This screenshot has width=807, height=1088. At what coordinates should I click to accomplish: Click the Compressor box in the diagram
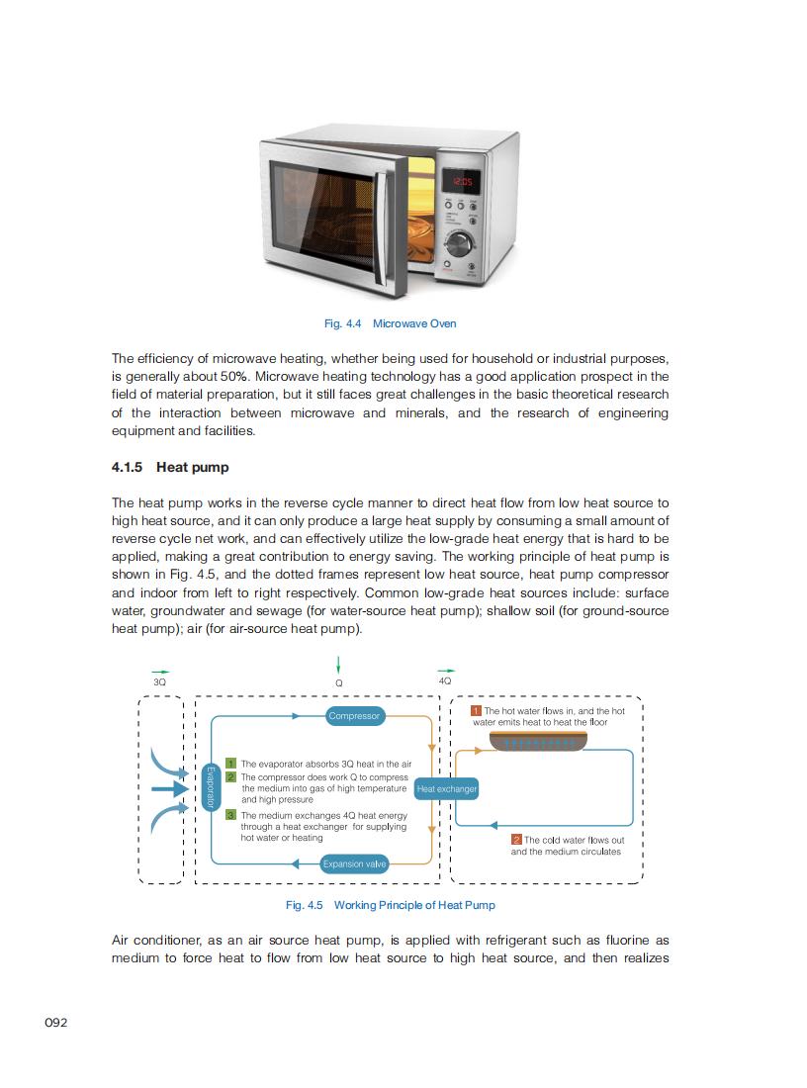click(354, 716)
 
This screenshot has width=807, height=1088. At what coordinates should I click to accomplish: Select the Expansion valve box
click(354, 864)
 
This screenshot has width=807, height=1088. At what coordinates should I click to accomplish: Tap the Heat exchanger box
click(447, 789)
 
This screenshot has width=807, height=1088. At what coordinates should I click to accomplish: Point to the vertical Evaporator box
click(209, 788)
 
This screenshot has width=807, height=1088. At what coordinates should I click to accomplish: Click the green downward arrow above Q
click(338, 664)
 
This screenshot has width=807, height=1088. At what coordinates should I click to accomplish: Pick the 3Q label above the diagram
click(160, 681)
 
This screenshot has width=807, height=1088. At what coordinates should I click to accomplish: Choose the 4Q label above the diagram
click(445, 680)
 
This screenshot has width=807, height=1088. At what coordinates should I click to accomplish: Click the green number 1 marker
click(230, 764)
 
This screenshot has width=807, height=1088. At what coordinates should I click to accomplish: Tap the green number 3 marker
click(230, 815)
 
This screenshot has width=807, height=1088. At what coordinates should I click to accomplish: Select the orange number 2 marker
click(516, 840)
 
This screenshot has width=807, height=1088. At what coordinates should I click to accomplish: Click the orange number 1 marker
click(476, 711)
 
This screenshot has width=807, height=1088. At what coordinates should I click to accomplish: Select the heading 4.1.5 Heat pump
click(169, 467)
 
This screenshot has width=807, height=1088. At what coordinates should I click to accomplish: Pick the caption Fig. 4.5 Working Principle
click(390, 905)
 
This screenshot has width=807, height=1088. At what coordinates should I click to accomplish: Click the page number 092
click(56, 1023)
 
